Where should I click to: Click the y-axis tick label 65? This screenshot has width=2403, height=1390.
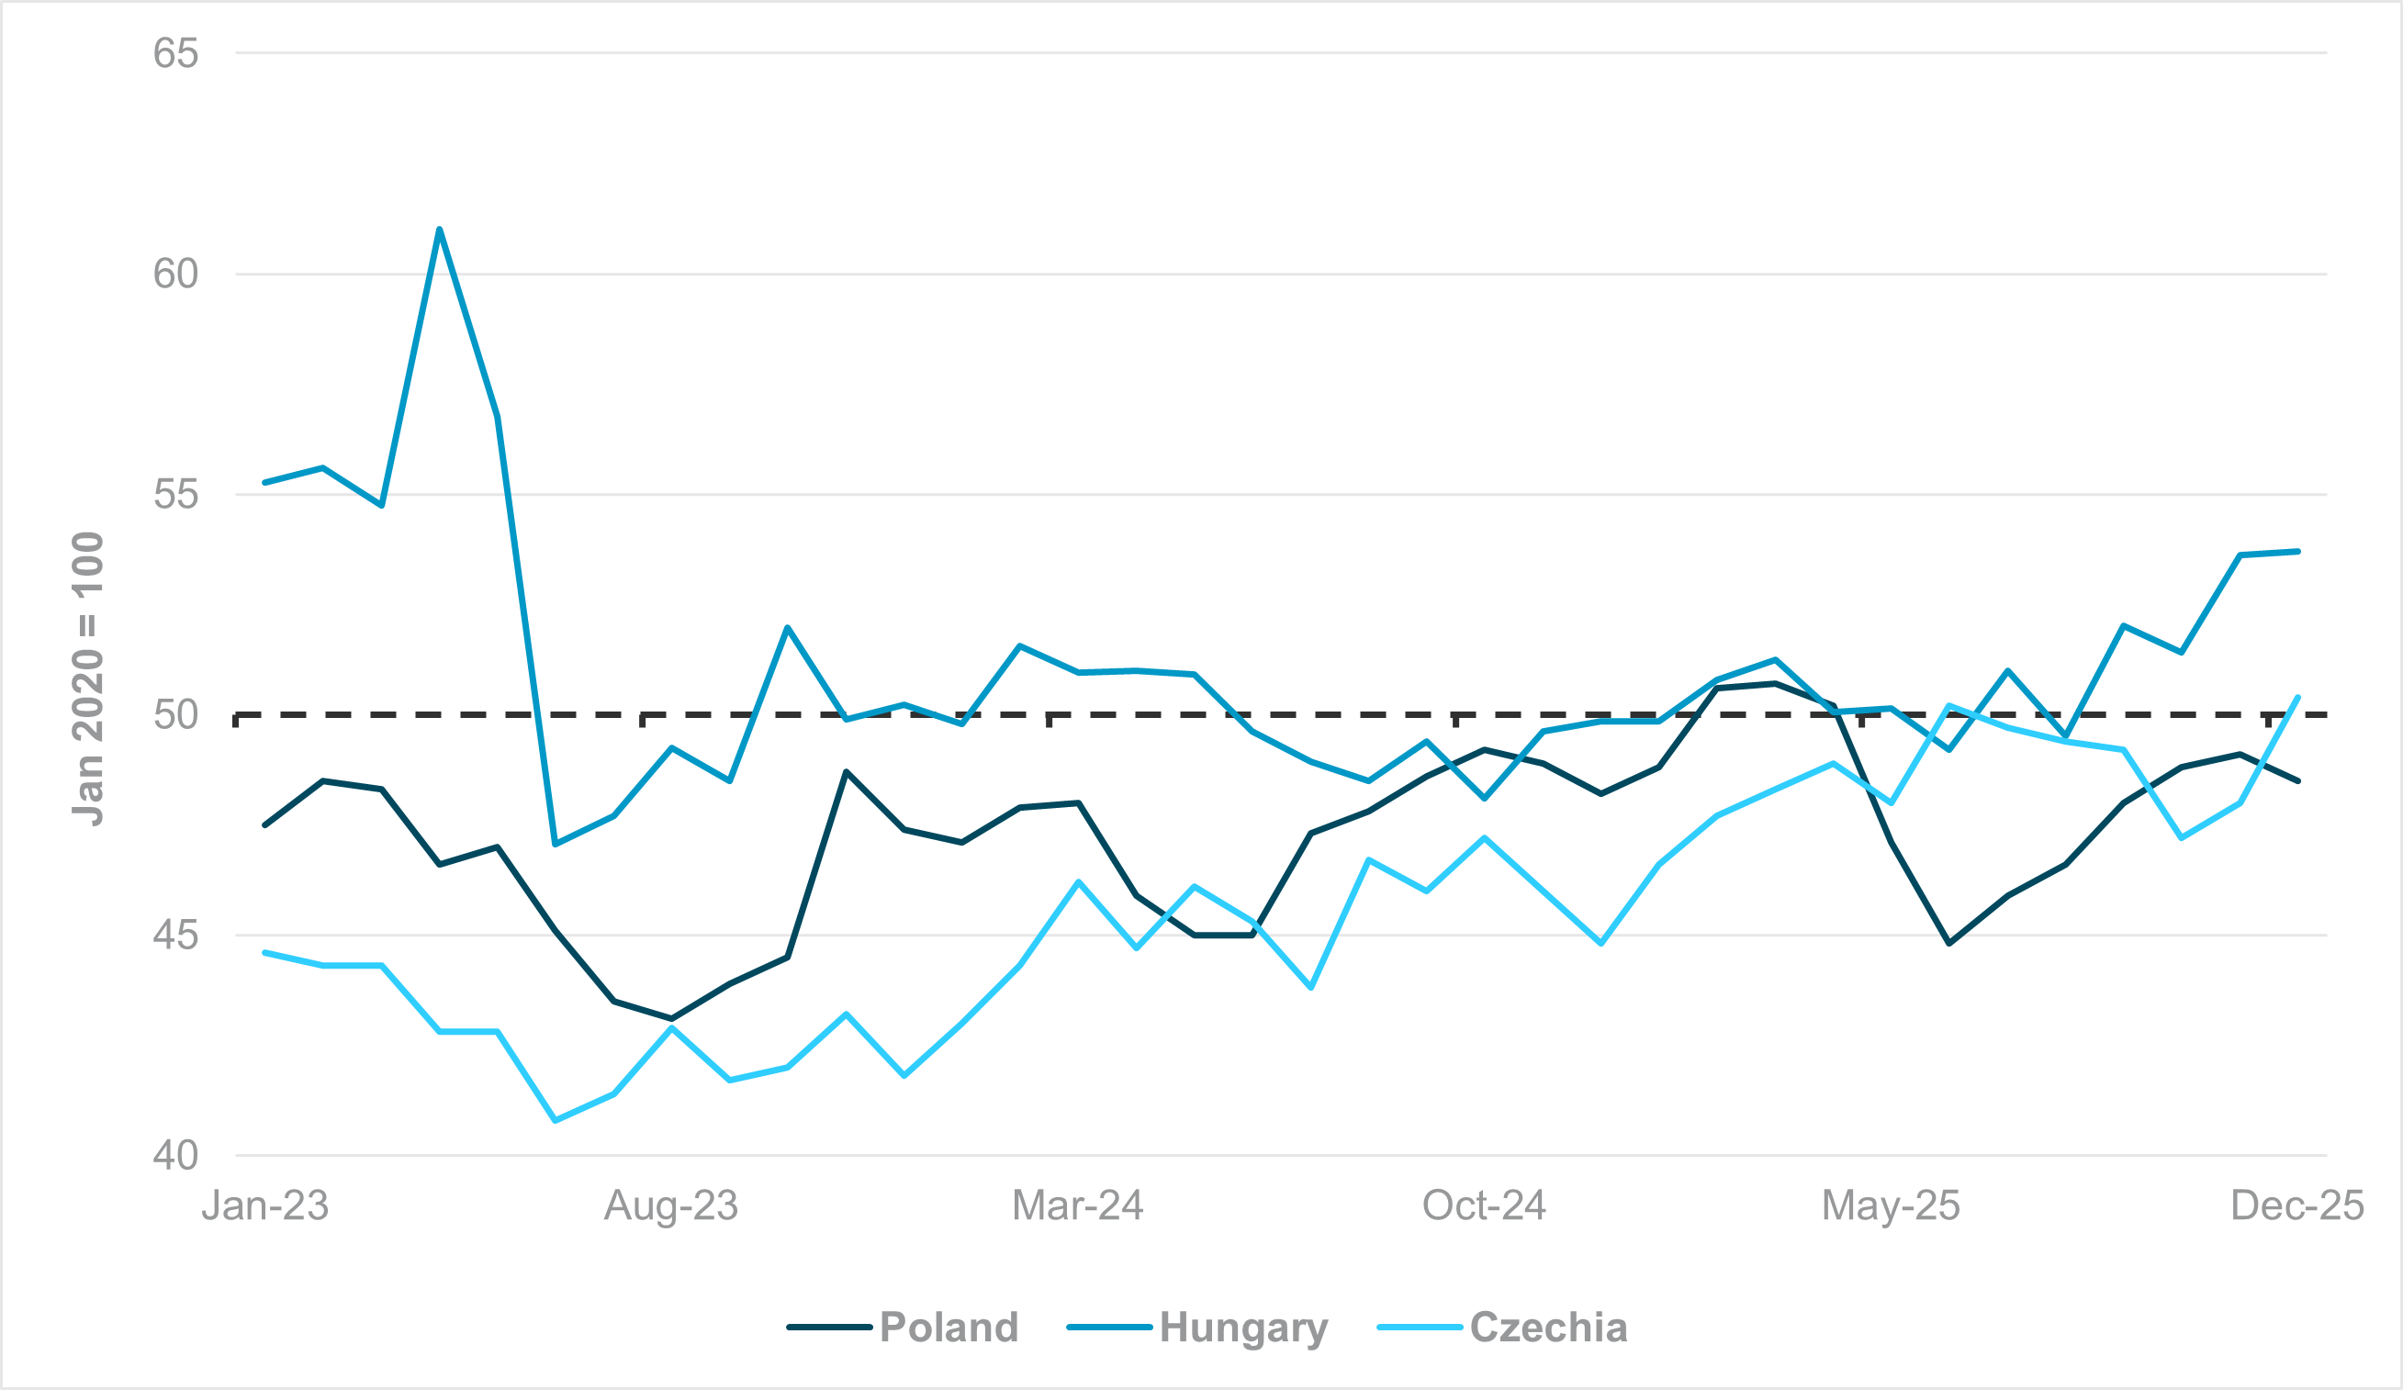(x=175, y=53)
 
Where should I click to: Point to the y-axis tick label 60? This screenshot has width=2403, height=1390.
(x=175, y=275)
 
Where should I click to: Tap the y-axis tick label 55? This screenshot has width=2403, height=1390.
(x=175, y=495)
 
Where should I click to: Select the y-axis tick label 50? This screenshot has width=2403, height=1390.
(x=175, y=715)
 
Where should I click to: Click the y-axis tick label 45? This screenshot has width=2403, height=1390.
(x=175, y=936)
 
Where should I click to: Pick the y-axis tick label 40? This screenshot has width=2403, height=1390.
(x=175, y=1156)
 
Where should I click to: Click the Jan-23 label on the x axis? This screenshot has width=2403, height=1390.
(x=265, y=1206)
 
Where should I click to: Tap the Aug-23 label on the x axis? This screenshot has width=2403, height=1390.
(x=671, y=1206)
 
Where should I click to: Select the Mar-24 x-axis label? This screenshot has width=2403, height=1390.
(x=1077, y=1206)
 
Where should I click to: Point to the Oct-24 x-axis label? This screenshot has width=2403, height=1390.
(x=1484, y=1206)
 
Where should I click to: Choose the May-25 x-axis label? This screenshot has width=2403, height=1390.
(x=1891, y=1206)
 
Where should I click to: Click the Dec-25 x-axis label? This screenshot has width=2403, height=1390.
(x=2297, y=1206)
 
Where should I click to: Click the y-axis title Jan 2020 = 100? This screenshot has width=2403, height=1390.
(x=88, y=678)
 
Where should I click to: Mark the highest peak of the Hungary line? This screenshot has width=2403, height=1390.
(x=439, y=230)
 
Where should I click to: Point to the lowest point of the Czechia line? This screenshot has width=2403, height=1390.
(x=555, y=1120)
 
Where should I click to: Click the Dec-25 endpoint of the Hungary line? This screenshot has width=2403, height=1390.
(x=2298, y=551)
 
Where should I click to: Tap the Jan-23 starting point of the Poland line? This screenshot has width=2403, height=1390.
(x=265, y=824)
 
